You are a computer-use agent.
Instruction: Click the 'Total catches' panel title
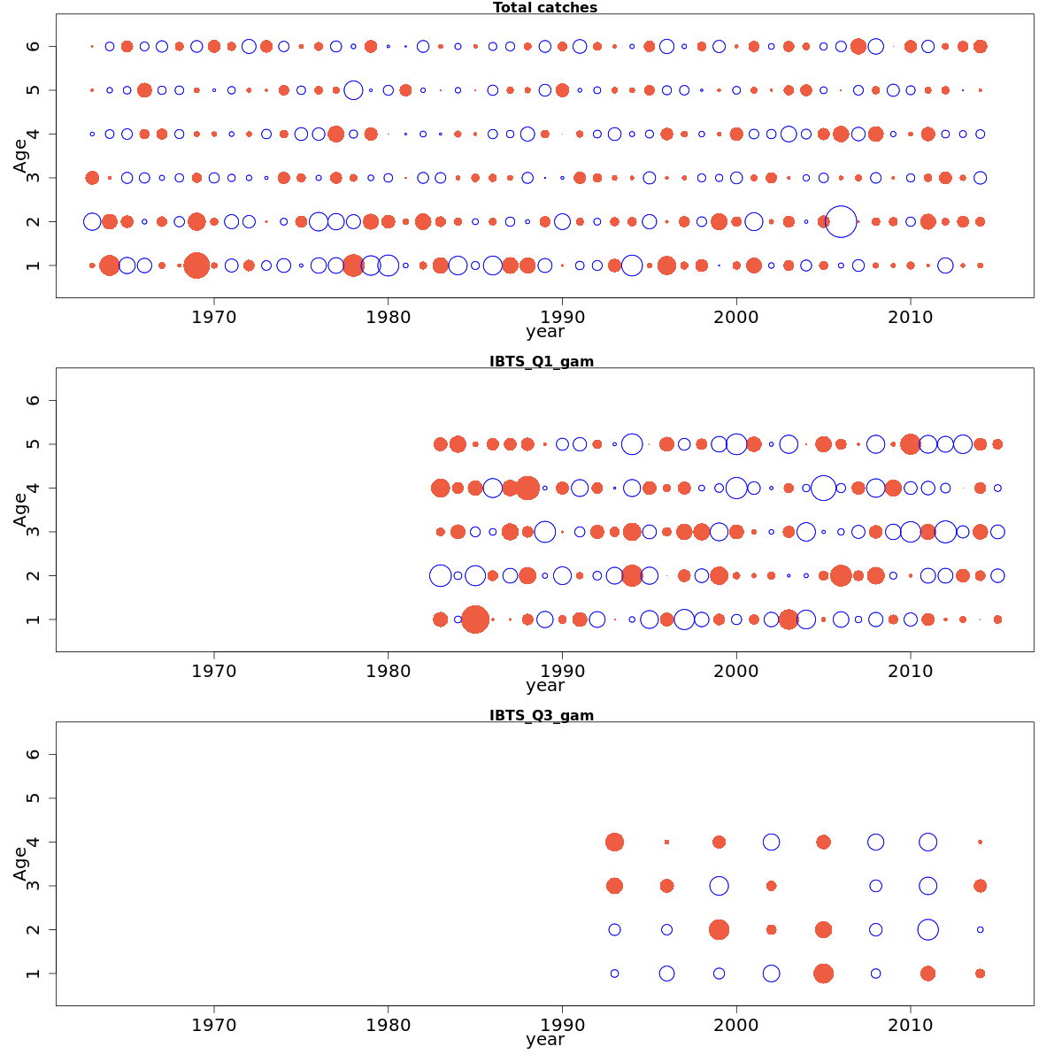click(544, 8)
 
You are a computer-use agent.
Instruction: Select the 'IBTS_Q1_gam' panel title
click(541, 361)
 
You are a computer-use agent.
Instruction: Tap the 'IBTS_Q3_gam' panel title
click(541, 715)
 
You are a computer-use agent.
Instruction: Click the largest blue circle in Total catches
click(841, 221)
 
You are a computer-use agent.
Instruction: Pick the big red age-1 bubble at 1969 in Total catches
click(196, 265)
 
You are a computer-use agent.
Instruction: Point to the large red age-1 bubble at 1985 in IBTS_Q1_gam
click(475, 619)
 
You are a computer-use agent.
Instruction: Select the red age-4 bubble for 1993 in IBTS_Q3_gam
click(614, 842)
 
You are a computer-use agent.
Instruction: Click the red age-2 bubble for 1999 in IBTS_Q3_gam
click(719, 929)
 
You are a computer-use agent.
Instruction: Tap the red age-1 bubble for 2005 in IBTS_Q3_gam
click(823, 973)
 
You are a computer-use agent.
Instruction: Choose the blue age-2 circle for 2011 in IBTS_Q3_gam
click(927, 929)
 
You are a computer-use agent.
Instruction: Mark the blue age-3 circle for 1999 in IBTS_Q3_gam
click(719, 886)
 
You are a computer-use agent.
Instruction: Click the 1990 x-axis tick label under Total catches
click(562, 317)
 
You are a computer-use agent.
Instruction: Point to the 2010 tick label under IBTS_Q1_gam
click(911, 671)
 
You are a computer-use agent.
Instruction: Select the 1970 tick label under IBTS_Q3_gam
click(214, 1025)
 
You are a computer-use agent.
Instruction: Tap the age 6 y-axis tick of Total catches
click(34, 46)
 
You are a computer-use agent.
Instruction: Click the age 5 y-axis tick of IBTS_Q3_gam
click(34, 798)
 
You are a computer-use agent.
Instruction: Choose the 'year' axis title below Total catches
click(544, 333)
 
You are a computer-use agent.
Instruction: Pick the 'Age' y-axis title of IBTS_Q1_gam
click(20, 510)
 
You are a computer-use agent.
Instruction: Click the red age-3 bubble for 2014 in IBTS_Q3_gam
click(980, 886)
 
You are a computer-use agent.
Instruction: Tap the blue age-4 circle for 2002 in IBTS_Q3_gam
click(771, 842)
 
